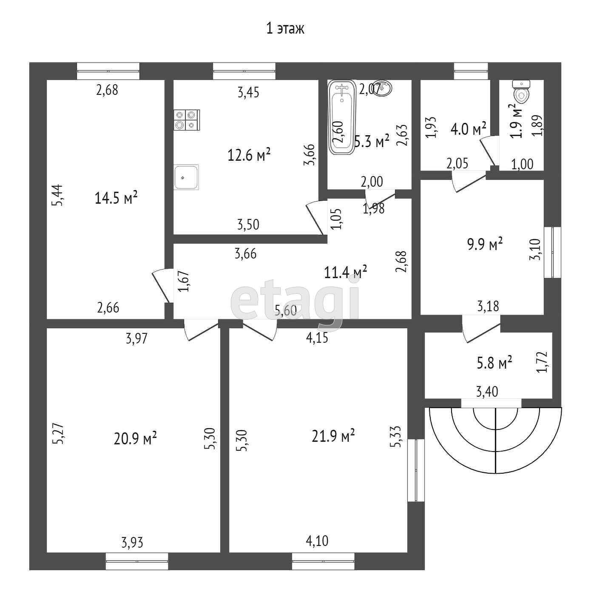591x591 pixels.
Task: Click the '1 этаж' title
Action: (x=285, y=29)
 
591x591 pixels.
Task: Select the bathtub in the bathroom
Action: (x=341, y=118)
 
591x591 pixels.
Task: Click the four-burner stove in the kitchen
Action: (x=187, y=119)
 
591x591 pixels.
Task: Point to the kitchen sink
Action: (x=186, y=177)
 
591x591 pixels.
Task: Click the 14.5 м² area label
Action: (x=116, y=198)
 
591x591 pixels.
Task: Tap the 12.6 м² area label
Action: (x=250, y=155)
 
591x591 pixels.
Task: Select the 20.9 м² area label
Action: (x=136, y=438)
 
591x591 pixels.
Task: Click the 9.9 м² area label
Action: (x=485, y=244)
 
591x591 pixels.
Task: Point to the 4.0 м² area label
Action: (x=468, y=128)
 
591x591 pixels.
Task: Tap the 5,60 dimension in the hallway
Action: (x=285, y=311)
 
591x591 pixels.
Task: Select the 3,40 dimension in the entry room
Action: (x=487, y=391)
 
